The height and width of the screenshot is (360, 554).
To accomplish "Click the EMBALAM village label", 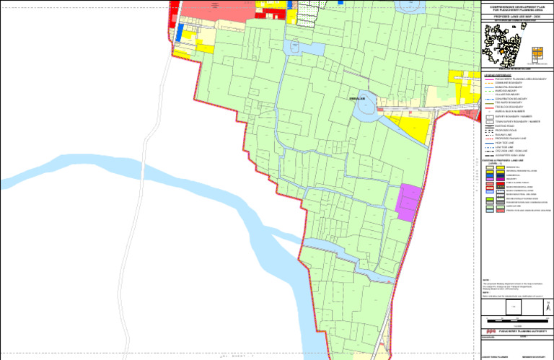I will (356, 98).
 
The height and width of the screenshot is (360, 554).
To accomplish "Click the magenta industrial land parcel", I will (408, 202).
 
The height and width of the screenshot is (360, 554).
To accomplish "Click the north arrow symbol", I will (548, 306).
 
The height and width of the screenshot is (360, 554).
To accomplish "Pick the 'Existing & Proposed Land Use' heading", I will (507, 160).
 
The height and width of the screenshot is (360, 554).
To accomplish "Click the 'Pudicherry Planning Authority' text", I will (521, 330).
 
